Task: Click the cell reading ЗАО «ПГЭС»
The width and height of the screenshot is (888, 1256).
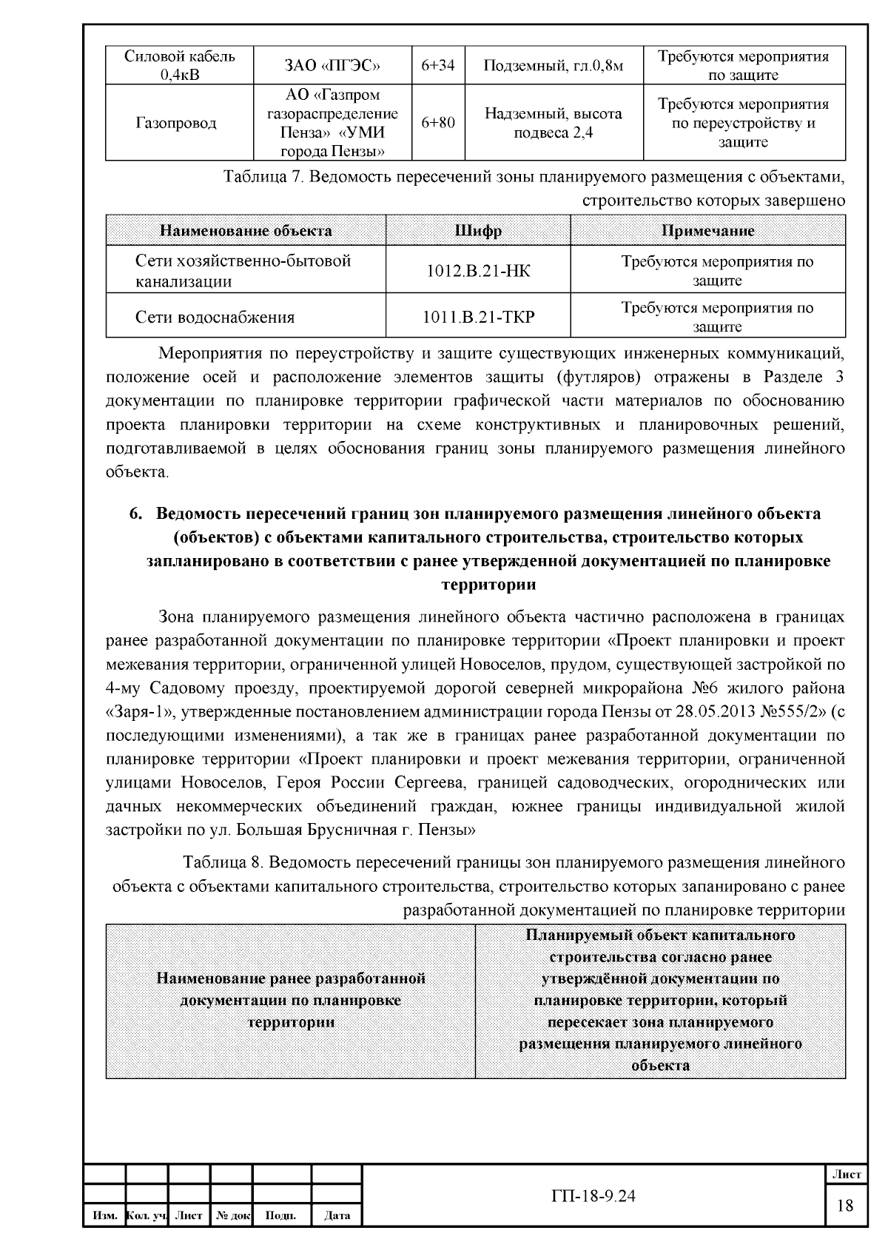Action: coord(332,66)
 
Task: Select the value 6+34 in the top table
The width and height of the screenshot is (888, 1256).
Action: coord(438,66)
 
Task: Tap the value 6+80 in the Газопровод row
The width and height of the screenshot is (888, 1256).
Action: coord(438,123)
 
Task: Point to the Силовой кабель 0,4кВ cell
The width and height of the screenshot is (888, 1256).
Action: coord(180,66)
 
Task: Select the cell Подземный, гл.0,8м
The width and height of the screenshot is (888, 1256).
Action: coord(554,66)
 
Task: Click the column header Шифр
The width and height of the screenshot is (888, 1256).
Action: coord(478,231)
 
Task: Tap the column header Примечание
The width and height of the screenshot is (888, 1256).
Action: coord(707,231)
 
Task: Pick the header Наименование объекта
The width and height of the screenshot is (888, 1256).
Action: coord(246,231)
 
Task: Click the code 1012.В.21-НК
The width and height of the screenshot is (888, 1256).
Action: coord(478,271)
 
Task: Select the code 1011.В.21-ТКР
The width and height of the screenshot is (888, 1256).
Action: coord(478,318)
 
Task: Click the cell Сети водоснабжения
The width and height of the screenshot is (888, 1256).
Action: coord(215,318)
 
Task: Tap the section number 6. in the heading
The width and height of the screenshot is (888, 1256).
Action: coord(135,514)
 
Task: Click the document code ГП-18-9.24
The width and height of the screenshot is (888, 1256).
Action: coord(593,1196)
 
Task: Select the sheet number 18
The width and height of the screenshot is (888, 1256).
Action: coord(844,1206)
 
